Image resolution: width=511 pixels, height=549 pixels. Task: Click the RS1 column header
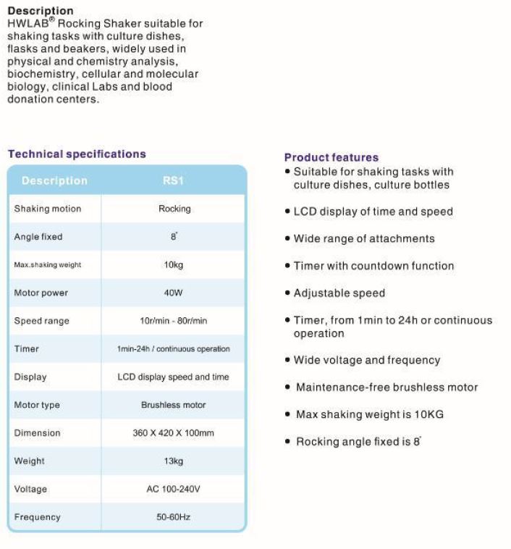point(174,180)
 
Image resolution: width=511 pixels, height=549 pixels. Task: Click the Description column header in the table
point(54,180)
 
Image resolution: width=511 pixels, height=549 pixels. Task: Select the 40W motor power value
point(174,293)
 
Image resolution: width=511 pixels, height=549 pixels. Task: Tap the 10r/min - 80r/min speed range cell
point(174,321)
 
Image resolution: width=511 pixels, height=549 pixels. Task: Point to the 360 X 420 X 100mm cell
point(174,433)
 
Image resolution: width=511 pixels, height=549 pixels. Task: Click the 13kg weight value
point(174,461)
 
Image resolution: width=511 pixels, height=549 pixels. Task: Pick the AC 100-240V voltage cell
point(174,489)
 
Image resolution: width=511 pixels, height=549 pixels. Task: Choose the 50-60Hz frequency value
point(174,517)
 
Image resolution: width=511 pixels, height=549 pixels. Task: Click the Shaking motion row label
point(48,209)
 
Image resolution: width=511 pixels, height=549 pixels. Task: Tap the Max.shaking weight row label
point(48,265)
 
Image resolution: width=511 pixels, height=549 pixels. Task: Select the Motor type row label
point(38,405)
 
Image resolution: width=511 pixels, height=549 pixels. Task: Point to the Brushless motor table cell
point(174,405)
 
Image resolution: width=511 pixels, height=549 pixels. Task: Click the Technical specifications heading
point(77,154)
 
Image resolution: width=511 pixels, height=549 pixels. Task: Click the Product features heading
point(331,157)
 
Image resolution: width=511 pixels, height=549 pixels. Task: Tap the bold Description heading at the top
point(40,11)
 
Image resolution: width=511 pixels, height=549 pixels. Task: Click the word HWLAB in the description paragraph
point(27,24)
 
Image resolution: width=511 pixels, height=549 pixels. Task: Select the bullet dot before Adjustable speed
point(287,293)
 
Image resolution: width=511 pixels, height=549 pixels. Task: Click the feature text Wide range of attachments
point(364,238)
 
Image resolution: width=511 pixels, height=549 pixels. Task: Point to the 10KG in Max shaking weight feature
point(431,414)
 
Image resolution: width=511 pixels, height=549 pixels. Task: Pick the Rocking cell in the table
point(174,209)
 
